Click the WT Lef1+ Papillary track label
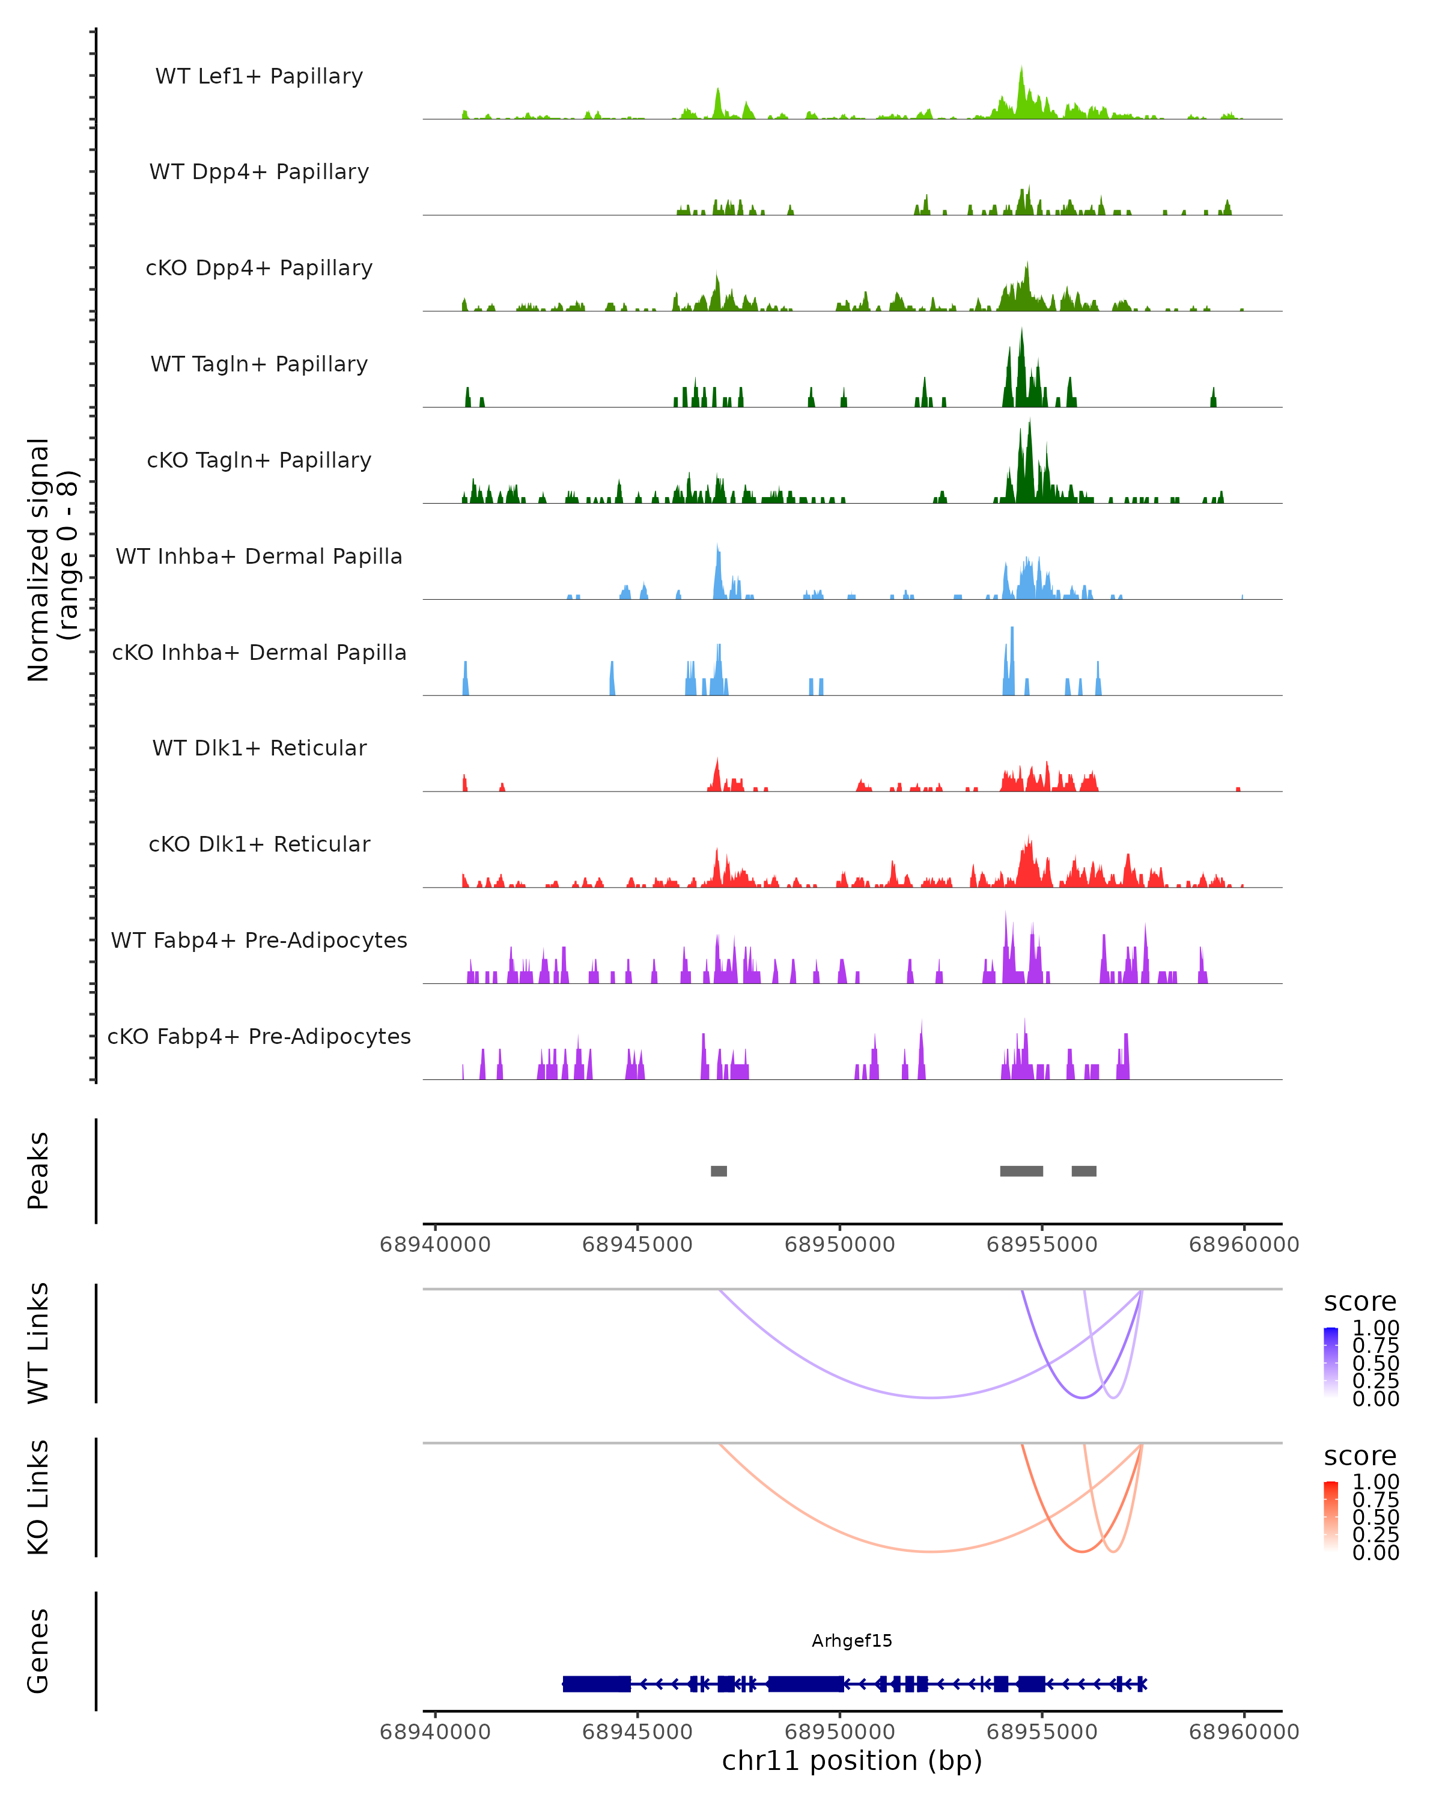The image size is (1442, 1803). pos(259,76)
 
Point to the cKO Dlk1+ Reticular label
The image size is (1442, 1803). pos(259,844)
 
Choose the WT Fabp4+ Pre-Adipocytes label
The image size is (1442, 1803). pos(259,940)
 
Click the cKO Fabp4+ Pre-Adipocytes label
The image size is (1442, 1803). pos(259,1036)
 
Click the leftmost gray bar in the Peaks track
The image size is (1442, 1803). pos(719,1171)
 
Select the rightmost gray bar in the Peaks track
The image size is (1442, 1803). pos(1085,1171)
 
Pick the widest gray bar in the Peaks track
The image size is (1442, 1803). pos(1021,1171)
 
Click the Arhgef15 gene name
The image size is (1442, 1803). pos(852,1641)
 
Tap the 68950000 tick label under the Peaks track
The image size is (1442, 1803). pos(839,1245)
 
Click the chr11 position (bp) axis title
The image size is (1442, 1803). pos(852,1760)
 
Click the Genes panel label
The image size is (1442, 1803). pos(38,1651)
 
